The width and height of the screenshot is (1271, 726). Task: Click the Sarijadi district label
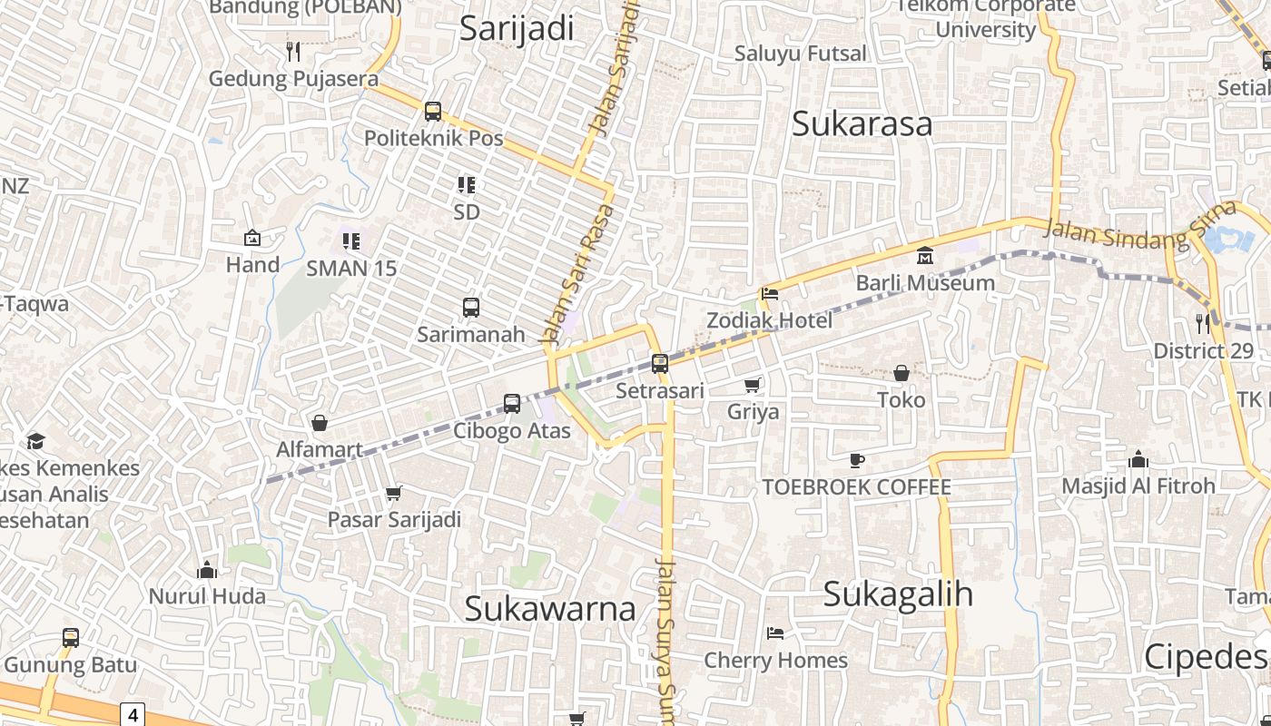(517, 28)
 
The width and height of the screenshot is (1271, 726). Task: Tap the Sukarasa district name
(862, 123)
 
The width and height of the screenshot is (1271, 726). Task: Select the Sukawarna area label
(550, 608)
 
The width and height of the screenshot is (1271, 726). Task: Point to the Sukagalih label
(898, 594)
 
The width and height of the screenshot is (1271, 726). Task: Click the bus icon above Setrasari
(660, 363)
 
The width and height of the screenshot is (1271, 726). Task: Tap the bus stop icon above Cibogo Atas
(512, 403)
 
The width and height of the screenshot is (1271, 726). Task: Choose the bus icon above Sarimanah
(470, 307)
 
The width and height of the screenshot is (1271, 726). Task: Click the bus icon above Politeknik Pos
(433, 112)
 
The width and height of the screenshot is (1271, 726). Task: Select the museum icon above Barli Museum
(925, 256)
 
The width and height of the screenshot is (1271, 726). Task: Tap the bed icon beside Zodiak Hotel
(770, 294)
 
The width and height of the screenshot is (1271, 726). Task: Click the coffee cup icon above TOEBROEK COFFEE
(856, 460)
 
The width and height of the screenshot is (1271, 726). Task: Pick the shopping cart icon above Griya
(753, 386)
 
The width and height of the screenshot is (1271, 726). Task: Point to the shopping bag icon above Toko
(902, 373)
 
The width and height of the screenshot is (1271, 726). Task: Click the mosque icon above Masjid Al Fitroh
(1138, 459)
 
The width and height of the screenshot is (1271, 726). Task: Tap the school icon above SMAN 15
(351, 241)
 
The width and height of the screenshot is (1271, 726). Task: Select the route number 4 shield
(133, 714)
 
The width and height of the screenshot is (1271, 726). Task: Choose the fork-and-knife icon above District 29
(1203, 322)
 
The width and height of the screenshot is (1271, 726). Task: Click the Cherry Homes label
(776, 660)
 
